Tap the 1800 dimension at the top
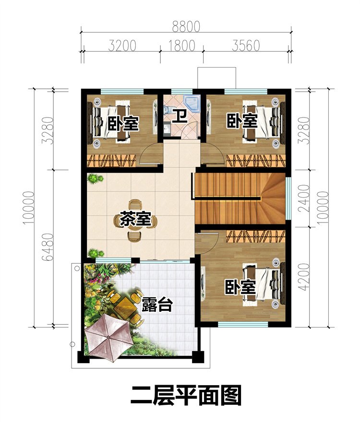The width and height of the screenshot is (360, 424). pos(182,46)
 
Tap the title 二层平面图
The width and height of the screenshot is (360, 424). pos(186,396)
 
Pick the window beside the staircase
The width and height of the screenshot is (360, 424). pos(288,197)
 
